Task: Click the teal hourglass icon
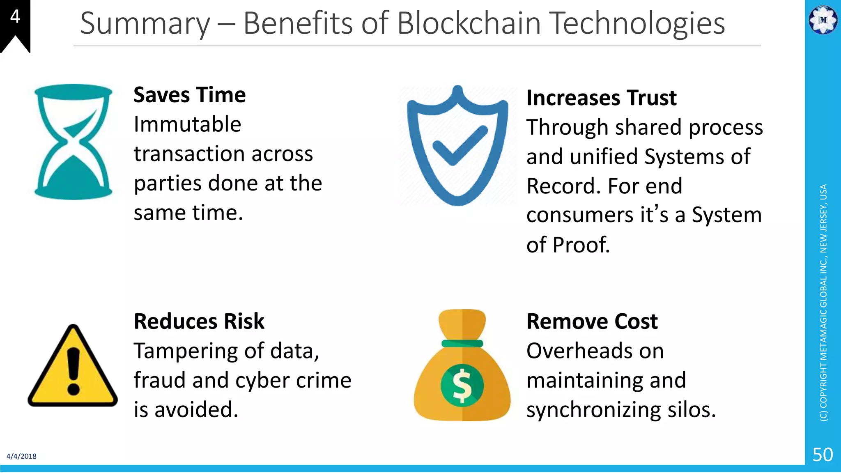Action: pos(73,142)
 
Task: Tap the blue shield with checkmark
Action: pos(457,146)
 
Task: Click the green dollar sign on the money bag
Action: pos(462,385)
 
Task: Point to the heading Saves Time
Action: pos(189,95)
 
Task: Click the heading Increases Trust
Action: pos(601,98)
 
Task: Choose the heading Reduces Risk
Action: pos(199,321)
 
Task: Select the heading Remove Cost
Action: pos(592,321)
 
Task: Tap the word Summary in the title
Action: pos(145,24)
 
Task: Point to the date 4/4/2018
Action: pos(21,456)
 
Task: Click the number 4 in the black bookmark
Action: pos(15,17)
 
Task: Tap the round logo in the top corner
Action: pos(823,19)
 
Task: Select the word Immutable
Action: pos(187,125)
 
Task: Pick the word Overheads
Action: pos(595,351)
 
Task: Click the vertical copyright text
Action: pos(823,303)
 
